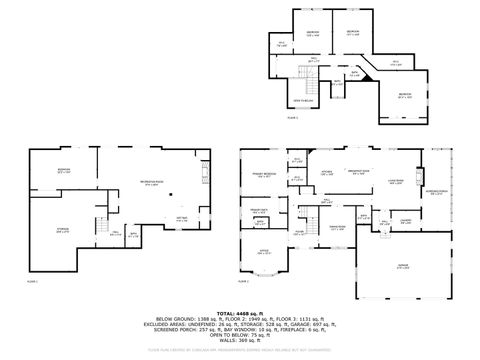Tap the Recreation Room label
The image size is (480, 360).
151,183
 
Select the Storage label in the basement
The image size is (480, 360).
63,231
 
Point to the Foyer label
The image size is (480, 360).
299,232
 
